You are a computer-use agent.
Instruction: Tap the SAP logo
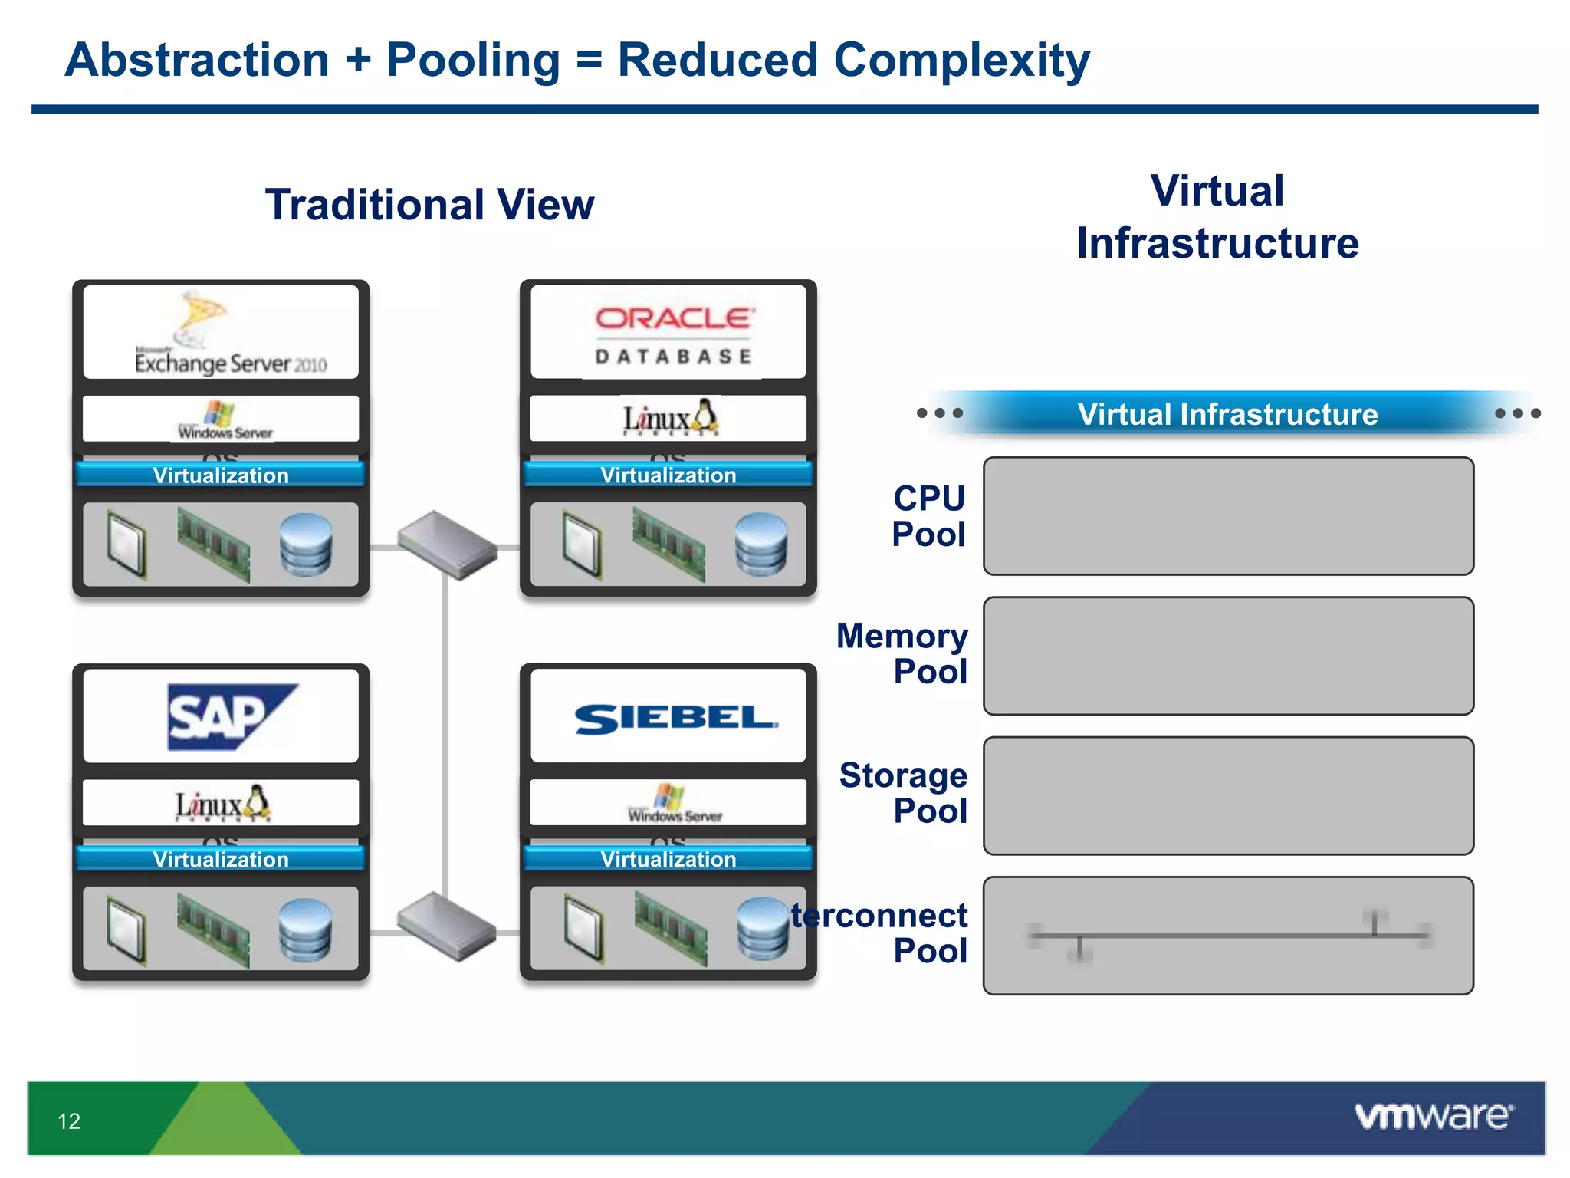231,716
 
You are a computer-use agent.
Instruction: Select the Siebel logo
675,719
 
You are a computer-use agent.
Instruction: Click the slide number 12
69,1121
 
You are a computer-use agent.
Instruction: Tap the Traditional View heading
429,205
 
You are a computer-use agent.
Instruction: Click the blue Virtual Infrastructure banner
1227,414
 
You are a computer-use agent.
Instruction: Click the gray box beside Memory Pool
1228,656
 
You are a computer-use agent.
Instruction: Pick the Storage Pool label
905,793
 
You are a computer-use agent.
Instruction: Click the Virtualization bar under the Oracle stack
668,475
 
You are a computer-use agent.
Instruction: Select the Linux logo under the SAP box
222,804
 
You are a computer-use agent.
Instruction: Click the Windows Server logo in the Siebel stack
673,804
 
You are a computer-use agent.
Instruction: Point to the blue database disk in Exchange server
306,545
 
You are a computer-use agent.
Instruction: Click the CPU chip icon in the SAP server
126,929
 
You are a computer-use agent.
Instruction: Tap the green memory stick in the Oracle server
668,545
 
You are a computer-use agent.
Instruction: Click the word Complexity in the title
961,61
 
